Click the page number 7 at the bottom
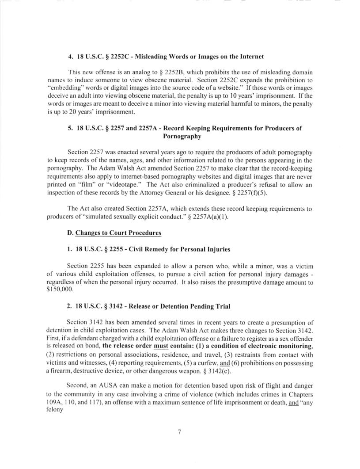pyautogui.click(x=180, y=432)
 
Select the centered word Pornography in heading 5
pyautogui.click(x=179, y=136)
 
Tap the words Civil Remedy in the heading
pyautogui.click(x=137, y=249)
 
